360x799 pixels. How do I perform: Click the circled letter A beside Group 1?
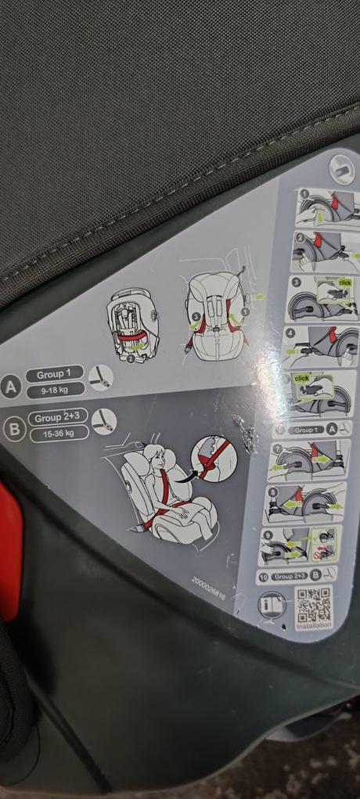click(x=10, y=387)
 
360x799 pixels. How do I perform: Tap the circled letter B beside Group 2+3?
click(x=13, y=430)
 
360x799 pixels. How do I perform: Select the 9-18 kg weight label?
click(x=56, y=389)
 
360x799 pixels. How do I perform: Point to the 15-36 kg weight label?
click(x=59, y=433)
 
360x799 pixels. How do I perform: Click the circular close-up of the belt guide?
click(x=214, y=458)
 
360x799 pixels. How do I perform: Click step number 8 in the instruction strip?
click(x=272, y=493)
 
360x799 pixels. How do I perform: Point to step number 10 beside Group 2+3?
click(x=262, y=577)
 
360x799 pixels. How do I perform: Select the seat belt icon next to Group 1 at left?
click(x=100, y=378)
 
